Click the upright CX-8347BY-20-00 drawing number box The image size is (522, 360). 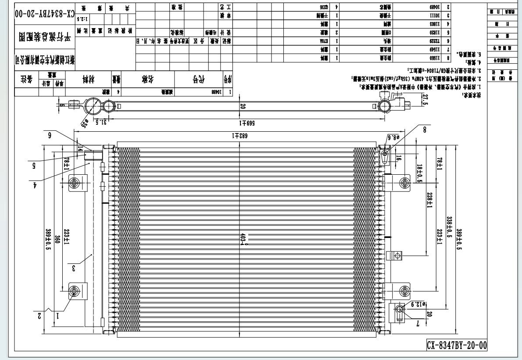457,345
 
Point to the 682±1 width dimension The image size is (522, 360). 239,136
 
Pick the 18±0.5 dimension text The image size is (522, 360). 419,173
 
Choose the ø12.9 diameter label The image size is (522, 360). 418,303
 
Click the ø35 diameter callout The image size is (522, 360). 84,124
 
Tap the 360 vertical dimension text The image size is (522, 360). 57,240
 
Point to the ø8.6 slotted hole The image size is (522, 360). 385,154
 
